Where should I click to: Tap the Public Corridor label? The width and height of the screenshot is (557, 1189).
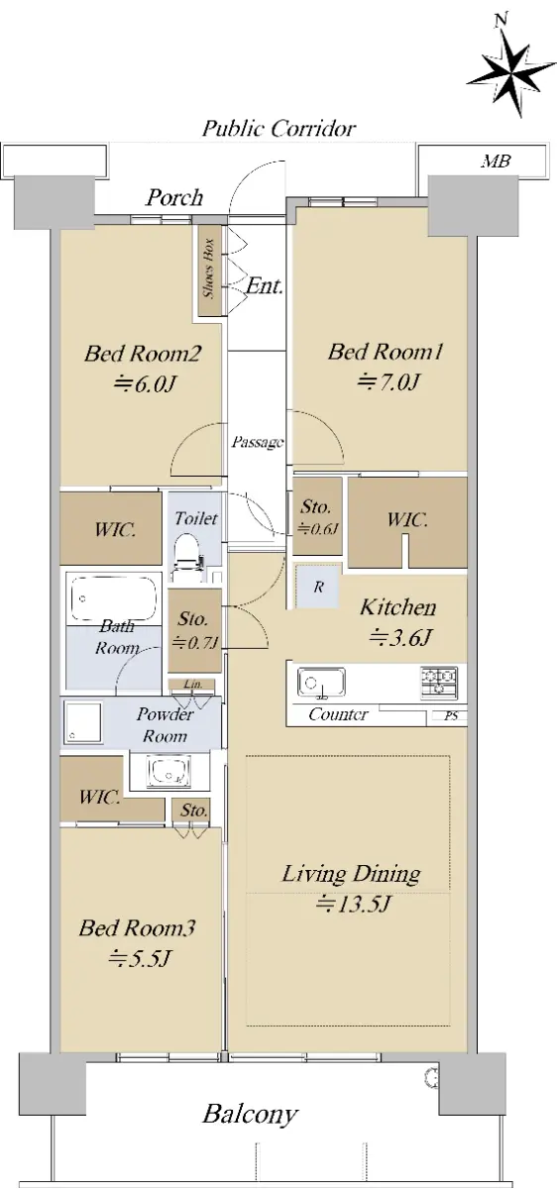(279, 129)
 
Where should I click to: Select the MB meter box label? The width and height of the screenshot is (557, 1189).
(496, 161)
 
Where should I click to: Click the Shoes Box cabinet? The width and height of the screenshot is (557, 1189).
(210, 270)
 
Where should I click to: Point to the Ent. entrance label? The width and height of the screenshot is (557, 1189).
(264, 286)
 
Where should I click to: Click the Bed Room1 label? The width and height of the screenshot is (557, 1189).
(385, 352)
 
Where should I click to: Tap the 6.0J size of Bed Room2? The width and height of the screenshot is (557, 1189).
(145, 383)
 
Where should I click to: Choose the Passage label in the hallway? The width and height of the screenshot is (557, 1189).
(257, 442)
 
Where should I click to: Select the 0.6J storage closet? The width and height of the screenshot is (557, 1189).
(317, 516)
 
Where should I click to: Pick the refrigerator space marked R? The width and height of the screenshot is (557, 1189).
(317, 586)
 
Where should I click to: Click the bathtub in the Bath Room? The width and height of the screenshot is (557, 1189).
(114, 598)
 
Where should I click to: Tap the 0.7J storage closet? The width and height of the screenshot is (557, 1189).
(194, 630)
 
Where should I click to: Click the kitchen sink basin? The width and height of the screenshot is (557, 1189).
(321, 682)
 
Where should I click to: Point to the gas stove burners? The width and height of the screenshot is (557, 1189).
(439, 682)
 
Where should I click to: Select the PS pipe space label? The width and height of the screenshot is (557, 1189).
(451, 716)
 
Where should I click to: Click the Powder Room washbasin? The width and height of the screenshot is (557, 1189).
(168, 770)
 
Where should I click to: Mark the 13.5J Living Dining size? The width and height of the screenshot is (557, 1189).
(353, 904)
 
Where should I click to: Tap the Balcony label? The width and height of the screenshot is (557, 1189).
(250, 1115)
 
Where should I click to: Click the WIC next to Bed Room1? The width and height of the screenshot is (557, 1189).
(407, 523)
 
